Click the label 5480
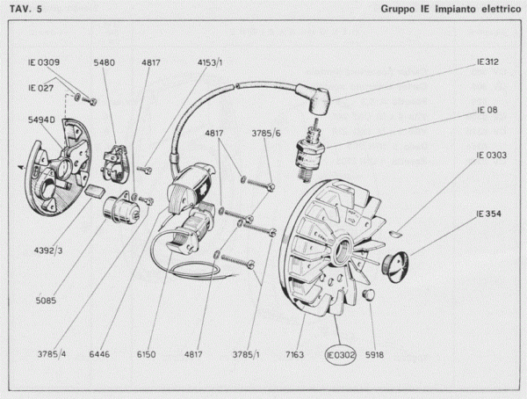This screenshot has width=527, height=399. tap(105, 63)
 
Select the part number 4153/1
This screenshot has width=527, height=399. tap(211, 63)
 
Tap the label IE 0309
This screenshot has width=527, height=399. tap(43, 63)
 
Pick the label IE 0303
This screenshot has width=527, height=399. tap(492, 155)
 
